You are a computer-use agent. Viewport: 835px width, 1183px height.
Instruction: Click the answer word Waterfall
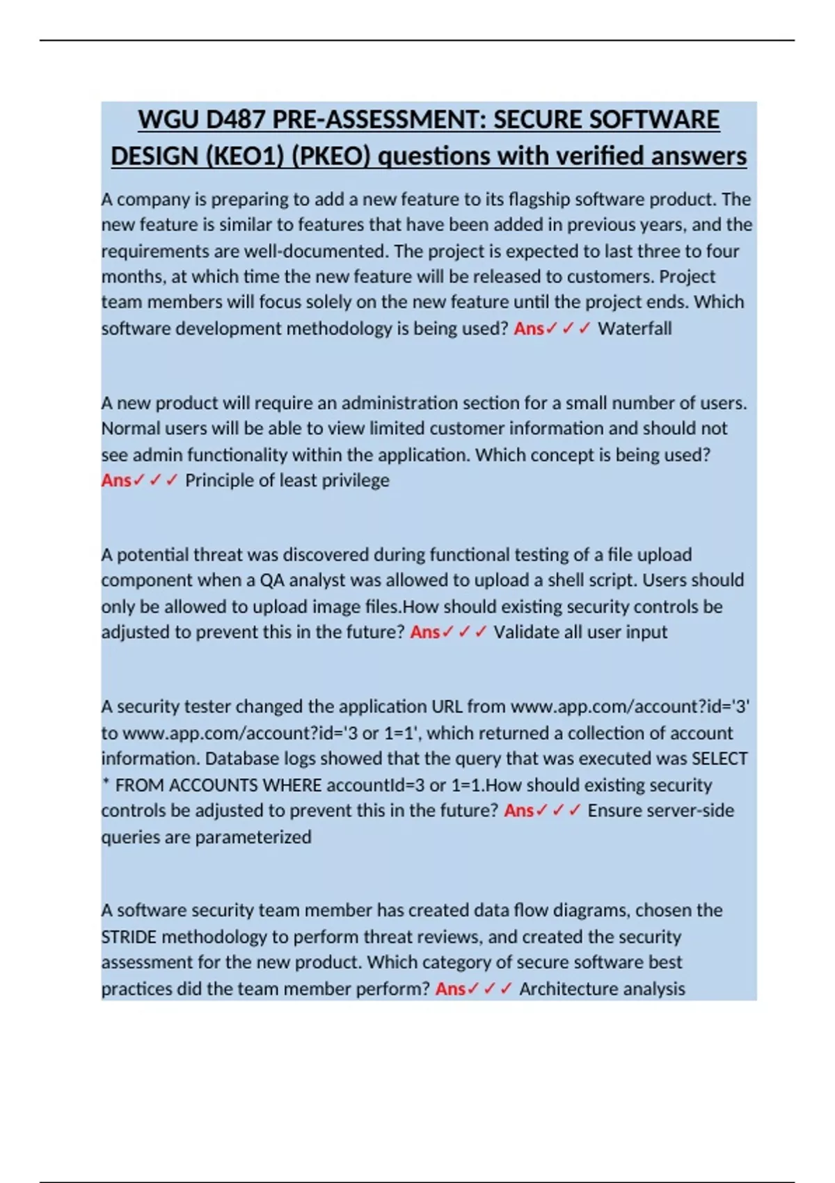point(635,328)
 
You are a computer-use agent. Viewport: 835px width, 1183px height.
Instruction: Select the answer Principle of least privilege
point(287,480)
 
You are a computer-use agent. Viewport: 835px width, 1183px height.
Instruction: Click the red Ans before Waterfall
point(529,328)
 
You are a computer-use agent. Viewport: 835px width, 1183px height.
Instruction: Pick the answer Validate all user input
point(580,632)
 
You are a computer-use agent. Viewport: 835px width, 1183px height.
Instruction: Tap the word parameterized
point(253,836)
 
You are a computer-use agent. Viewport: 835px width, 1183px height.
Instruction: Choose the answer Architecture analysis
point(602,989)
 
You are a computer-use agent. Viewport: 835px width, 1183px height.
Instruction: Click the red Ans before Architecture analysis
point(450,989)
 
